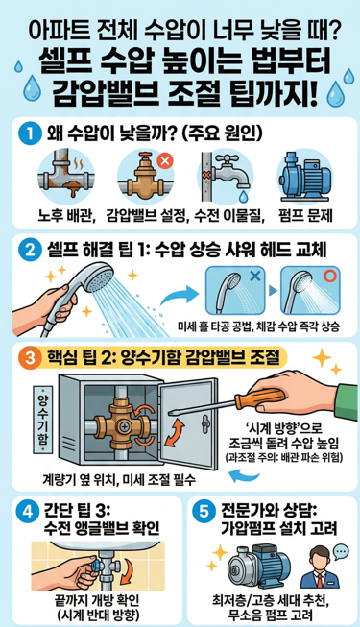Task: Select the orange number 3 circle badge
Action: (33, 359)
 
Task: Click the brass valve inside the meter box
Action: (119, 420)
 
